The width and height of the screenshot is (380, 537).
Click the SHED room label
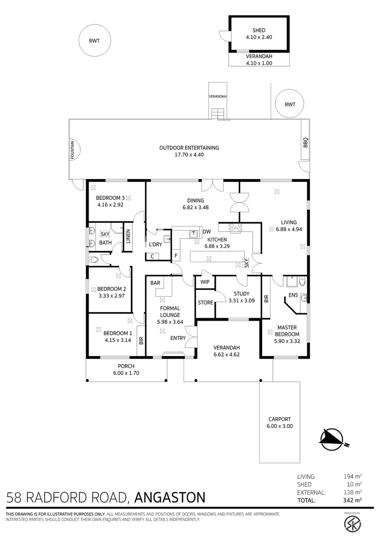pos(259,30)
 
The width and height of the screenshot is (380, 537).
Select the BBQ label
pos(305,142)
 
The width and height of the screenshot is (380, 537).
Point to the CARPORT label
pos(280,419)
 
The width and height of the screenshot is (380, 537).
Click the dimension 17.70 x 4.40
pos(189,155)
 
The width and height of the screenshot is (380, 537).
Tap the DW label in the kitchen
pos(206,232)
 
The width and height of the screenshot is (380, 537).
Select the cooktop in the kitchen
pos(235,227)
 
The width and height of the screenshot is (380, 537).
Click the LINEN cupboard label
pos(128,236)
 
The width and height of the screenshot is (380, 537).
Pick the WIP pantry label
pos(205,282)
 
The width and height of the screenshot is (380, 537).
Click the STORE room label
pos(205,303)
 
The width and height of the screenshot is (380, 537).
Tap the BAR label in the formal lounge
pos(155,283)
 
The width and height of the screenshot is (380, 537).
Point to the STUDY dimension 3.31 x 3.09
pos(242,301)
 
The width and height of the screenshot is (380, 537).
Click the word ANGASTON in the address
pos(170,497)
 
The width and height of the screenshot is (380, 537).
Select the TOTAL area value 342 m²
pos(353,500)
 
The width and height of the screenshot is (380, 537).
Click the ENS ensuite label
pos(293,295)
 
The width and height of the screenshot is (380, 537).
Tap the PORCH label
pos(126,366)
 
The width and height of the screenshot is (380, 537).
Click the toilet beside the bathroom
pos(93,260)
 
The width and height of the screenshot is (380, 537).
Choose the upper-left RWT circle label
pos(94,41)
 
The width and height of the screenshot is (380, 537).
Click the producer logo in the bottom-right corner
pos(352,522)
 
